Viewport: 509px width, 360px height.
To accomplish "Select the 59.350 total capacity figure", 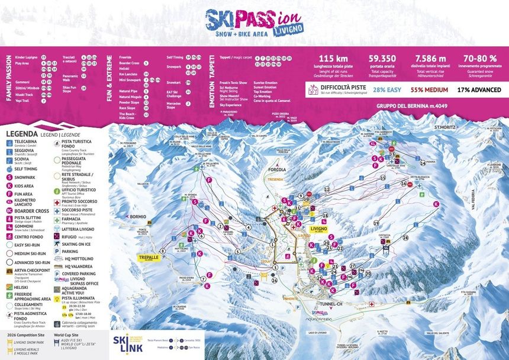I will point(382,59).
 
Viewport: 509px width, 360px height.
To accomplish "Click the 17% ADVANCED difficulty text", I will point(479,90).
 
